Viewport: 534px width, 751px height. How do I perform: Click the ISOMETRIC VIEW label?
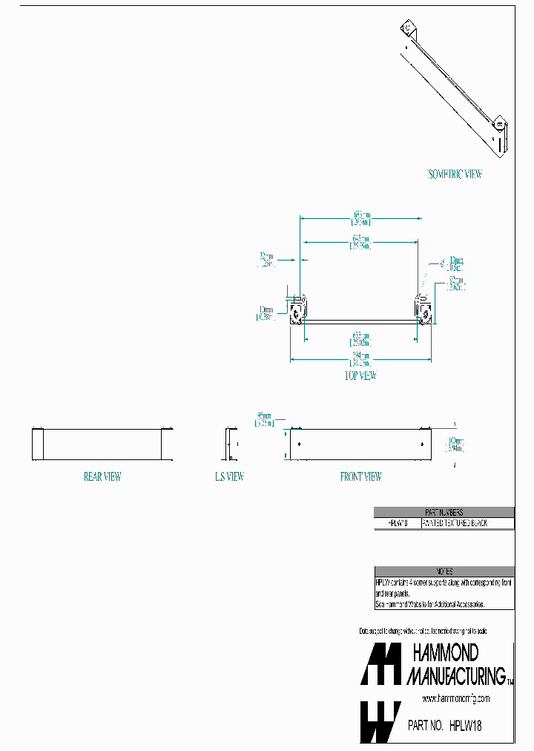click(455, 174)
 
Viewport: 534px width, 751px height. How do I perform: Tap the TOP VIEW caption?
click(361, 375)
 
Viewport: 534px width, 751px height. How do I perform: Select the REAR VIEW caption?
click(102, 476)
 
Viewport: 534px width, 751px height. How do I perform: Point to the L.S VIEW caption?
click(230, 476)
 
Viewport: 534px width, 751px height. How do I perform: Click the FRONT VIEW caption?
click(361, 476)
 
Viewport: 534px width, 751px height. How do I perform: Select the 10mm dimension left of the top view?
click(266, 313)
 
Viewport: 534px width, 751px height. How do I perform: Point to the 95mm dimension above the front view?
click(264, 419)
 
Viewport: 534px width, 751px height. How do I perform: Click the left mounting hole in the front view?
click(299, 445)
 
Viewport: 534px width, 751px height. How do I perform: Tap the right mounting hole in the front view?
click(422, 445)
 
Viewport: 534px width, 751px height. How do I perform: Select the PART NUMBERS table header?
click(444, 512)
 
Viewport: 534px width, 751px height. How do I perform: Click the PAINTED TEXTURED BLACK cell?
click(466, 523)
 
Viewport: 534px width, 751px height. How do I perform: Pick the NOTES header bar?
click(444, 571)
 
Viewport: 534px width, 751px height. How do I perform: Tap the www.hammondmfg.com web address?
click(455, 699)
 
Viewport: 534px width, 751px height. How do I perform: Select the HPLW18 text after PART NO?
click(470, 726)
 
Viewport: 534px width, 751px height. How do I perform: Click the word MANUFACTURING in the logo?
click(455, 675)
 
